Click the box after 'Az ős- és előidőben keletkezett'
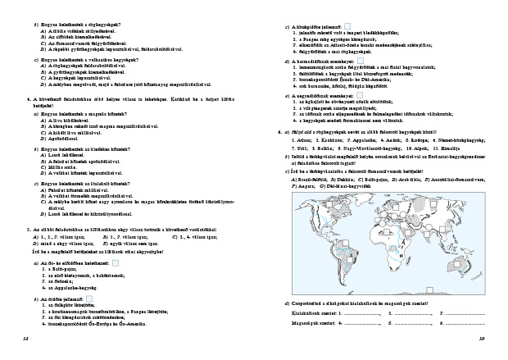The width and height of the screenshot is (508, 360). [116, 263]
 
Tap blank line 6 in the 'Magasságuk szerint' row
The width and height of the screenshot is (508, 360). [466, 323]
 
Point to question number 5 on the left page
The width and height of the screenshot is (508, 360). [29, 230]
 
